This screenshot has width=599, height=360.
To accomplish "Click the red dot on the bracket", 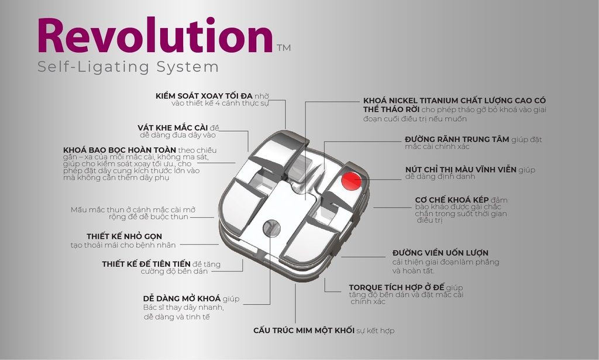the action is click(x=351, y=181).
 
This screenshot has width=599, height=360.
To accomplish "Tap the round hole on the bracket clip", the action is click(x=271, y=228).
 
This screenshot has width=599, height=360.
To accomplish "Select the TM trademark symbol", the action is click(x=284, y=48).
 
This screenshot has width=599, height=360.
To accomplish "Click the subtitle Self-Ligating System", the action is click(x=128, y=67).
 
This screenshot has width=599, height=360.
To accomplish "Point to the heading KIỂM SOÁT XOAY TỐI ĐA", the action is click(x=204, y=96).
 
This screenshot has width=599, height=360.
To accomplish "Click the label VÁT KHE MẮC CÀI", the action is click(x=173, y=128).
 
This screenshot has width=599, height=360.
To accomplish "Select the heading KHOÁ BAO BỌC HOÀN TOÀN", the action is click(x=119, y=150).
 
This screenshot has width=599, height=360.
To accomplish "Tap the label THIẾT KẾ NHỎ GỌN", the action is click(x=124, y=236).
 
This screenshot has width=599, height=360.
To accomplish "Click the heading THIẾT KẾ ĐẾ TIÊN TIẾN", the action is click(x=146, y=264).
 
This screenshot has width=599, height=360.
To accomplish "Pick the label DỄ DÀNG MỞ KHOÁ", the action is click(x=182, y=299).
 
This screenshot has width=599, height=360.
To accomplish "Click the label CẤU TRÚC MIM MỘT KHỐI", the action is click(x=304, y=330).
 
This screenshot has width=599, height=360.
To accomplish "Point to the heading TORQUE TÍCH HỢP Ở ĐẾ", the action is click(x=397, y=287).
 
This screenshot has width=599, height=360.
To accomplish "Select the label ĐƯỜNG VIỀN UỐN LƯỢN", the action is click(x=440, y=253).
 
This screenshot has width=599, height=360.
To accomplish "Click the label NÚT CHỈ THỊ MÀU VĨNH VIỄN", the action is click(x=461, y=170).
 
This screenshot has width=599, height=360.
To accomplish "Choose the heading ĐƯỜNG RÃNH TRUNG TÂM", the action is click(x=457, y=139).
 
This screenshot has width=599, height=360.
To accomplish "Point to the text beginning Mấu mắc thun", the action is click(x=133, y=213).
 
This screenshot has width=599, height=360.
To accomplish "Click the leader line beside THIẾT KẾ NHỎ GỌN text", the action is click(x=199, y=245).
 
